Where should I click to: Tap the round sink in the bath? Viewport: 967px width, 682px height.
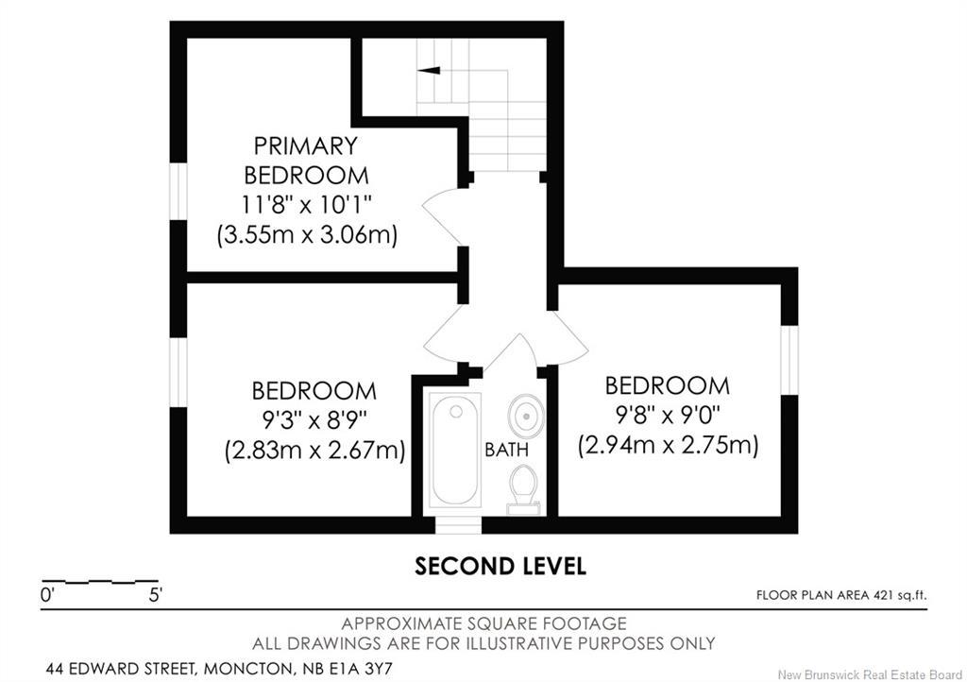526,416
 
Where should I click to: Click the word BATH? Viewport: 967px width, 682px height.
506,450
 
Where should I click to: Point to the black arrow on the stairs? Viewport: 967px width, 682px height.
429,70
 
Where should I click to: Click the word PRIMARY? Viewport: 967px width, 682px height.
306,146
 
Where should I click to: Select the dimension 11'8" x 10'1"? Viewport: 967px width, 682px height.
307,204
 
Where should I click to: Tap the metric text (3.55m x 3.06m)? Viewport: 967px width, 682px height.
307,235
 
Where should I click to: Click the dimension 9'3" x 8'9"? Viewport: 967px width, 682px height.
314,421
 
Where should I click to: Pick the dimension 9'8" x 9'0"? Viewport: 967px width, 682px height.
668,416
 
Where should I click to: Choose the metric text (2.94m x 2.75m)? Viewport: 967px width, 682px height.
668,445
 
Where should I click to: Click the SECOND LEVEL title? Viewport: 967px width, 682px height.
500,566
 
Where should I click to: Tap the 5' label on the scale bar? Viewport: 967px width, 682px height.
156,595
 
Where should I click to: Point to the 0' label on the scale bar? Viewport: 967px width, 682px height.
47,595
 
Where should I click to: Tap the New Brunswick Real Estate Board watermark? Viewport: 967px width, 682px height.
870,674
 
